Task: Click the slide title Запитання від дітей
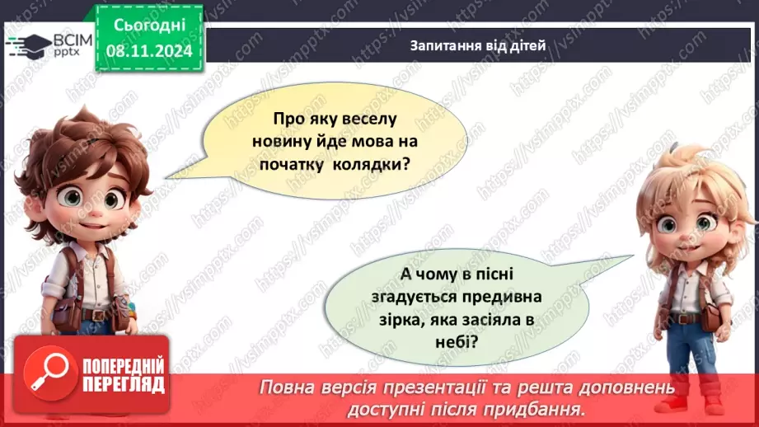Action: (477, 46)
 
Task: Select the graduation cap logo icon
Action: (27, 45)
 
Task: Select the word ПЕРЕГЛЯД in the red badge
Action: (123, 384)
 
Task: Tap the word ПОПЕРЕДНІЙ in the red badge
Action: (123, 364)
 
